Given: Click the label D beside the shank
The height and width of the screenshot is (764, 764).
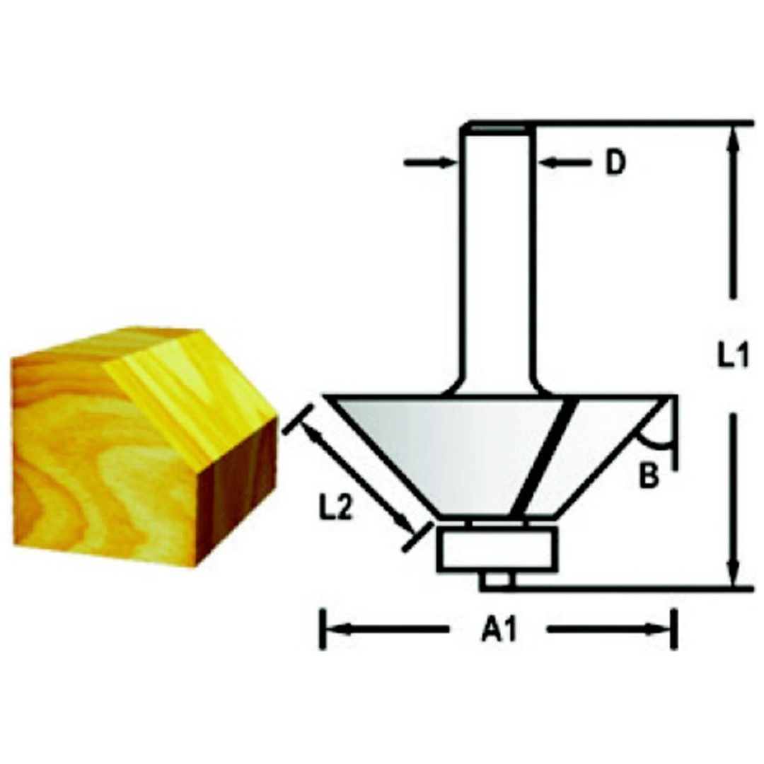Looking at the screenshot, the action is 615,163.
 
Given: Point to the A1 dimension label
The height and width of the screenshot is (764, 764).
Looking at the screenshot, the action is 499,630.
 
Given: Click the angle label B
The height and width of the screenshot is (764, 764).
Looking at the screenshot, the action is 649,475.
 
